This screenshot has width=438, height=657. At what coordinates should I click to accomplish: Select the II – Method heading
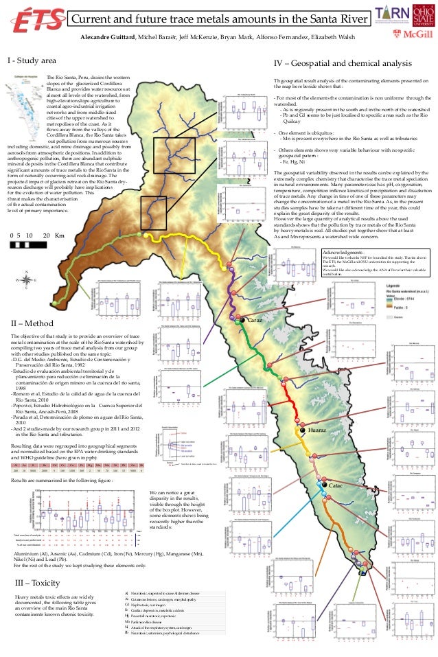30,323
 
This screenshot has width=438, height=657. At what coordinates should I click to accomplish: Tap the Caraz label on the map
255,321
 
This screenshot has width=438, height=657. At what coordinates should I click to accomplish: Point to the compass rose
26,299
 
